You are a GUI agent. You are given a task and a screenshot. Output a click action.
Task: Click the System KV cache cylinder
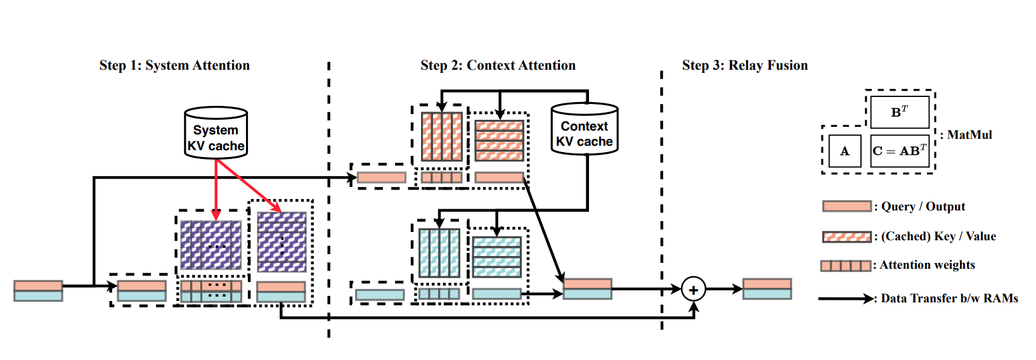216,132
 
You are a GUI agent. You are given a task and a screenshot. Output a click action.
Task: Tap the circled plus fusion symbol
694,290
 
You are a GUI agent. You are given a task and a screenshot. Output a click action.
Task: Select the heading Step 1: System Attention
174,65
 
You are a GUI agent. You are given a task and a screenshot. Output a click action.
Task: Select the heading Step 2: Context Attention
498,65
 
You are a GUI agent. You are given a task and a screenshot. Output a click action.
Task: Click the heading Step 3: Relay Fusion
744,65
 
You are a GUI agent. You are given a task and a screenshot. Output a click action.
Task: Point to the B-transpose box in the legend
899,112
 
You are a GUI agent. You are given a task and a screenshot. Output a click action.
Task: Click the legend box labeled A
845,151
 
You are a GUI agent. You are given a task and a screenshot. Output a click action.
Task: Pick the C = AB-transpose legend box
899,151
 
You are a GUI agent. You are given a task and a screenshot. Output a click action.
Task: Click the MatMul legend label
969,135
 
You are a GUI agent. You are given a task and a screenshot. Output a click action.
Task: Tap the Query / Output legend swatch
846,207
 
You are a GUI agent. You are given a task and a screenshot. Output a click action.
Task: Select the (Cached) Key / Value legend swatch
846,236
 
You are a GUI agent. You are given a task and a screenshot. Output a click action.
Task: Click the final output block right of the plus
767,289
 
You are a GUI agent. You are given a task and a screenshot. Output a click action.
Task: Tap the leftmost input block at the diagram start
38,291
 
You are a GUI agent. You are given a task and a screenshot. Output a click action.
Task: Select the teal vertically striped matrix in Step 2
439,253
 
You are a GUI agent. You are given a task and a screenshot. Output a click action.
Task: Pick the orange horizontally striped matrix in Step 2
500,140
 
